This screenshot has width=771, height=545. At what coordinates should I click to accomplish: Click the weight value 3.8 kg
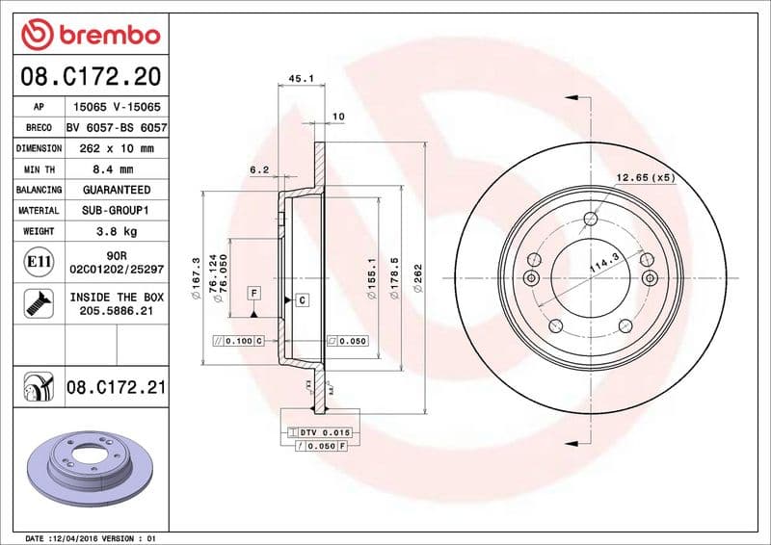pyautogui.click(x=117, y=231)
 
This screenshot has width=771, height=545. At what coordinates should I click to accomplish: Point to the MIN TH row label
pyautogui.click(x=39, y=169)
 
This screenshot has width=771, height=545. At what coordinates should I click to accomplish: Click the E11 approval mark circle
pyautogui.click(x=39, y=260)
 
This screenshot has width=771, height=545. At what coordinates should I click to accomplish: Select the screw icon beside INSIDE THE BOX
pyautogui.click(x=39, y=303)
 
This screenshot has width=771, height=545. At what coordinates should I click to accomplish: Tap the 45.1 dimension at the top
pyautogui.click(x=302, y=80)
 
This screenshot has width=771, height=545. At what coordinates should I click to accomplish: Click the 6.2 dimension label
pyautogui.click(x=258, y=170)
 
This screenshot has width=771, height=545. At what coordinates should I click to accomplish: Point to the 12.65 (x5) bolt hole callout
pyautogui.click(x=645, y=177)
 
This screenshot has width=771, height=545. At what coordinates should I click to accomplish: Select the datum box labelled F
pyautogui.click(x=253, y=292)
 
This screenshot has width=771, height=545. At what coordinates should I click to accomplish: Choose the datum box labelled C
pyautogui.click(x=302, y=300)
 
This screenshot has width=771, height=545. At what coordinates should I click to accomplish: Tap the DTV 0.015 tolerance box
pyautogui.click(x=324, y=433)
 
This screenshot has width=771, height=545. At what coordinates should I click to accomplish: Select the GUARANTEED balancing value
pyautogui.click(x=117, y=190)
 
